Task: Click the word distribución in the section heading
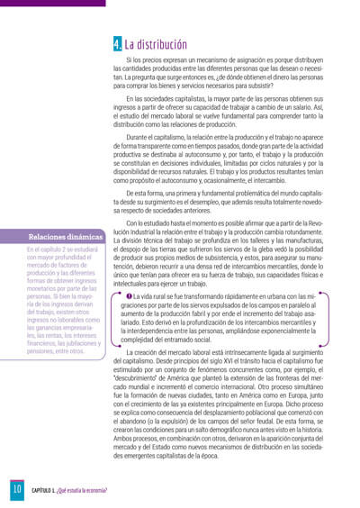(x=162, y=43)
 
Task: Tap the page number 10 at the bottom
(x=15, y=489)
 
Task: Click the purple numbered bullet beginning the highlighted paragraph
(x=130, y=270)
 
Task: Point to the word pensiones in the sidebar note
(x=41, y=350)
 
